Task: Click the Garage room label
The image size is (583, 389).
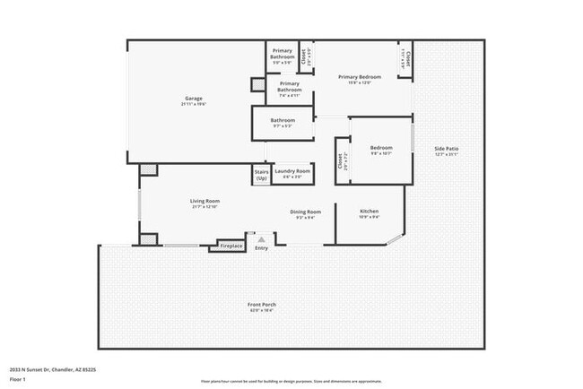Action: (x=194, y=99)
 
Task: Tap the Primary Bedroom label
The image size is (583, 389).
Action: (x=359, y=77)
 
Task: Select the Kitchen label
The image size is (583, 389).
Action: (x=369, y=212)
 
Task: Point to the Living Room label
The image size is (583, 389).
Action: (x=204, y=201)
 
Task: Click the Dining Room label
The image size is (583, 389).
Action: (x=306, y=212)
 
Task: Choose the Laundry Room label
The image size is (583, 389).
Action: (x=292, y=171)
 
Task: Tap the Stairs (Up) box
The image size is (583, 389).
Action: (x=261, y=174)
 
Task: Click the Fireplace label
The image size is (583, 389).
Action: (x=231, y=246)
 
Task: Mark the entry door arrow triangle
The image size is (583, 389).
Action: (x=261, y=239)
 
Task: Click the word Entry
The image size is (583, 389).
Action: (x=261, y=248)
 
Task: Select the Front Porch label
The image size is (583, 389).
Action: (x=262, y=306)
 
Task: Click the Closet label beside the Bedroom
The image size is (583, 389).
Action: (x=341, y=162)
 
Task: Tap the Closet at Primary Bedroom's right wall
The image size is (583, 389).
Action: (x=406, y=59)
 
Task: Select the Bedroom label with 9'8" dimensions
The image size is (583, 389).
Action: (x=381, y=148)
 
